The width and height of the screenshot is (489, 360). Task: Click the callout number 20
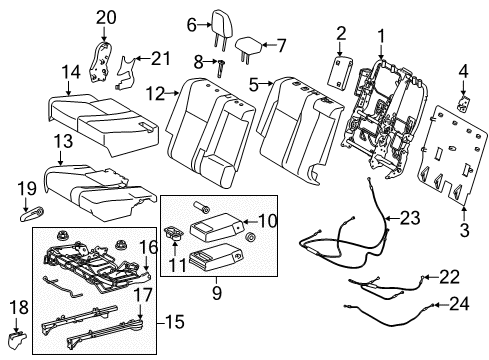106,17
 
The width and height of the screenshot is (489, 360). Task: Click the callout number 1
380,37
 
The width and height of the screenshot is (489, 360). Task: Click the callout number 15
147,321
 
